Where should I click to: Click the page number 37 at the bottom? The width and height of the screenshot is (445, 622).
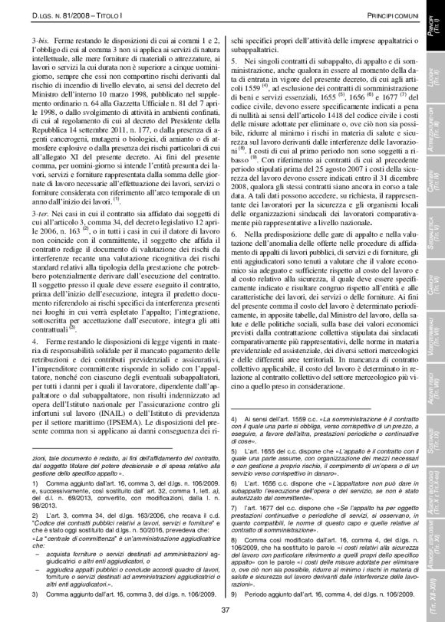(225, 610)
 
